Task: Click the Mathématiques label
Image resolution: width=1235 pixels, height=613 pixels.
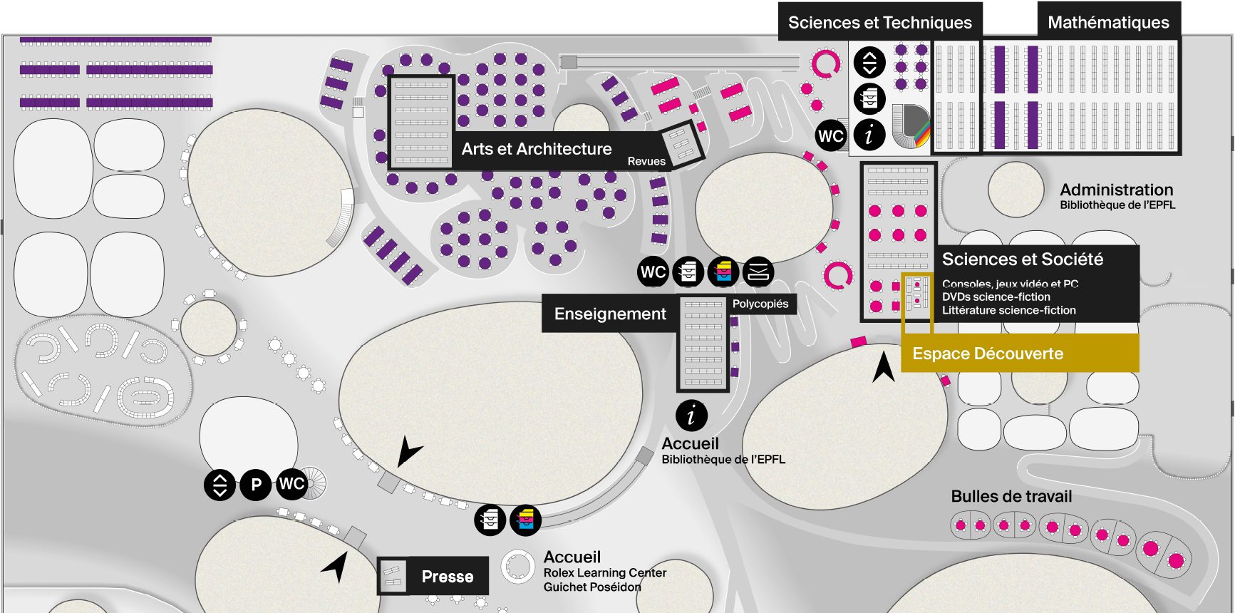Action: coord(1108,23)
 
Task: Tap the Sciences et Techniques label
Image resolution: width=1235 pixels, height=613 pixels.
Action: coord(879,23)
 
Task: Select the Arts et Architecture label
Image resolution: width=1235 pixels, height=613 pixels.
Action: coord(536,149)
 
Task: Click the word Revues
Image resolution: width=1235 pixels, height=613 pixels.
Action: coord(646,161)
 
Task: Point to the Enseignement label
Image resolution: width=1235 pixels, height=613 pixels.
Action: coord(610,314)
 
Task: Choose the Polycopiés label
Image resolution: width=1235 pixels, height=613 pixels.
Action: coord(760,304)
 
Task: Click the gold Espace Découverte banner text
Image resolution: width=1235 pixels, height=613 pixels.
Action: coord(988,354)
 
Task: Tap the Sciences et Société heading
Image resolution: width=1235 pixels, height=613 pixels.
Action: coord(1022,259)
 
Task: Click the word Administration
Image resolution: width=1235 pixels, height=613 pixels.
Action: coord(1116,190)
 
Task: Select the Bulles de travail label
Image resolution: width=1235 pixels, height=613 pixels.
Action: coord(1011,496)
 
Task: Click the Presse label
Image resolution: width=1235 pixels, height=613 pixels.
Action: coord(447,577)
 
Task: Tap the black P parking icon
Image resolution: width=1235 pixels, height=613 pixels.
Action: coord(256,485)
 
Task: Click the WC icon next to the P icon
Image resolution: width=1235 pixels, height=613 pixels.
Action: coord(291,484)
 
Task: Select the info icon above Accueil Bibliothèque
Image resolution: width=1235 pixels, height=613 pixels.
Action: coord(691,416)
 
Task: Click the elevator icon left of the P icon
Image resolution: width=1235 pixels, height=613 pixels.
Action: coord(219,485)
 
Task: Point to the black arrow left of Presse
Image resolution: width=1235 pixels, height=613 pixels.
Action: coord(336,567)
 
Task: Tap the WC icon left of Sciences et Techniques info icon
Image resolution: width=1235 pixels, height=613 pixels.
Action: coord(831,135)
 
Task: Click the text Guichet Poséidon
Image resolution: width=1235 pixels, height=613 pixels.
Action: coord(591,587)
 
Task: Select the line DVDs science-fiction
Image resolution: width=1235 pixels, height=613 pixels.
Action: coord(996,297)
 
